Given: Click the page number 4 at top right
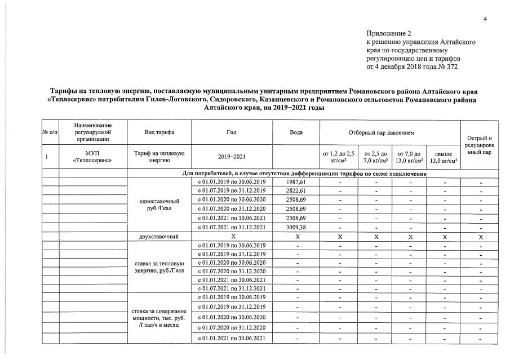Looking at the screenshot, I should coord(485,19).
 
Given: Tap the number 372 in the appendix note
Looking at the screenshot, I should coord(451,67).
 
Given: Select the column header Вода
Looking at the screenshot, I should coord(296,132).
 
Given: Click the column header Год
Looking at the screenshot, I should coord(232,132).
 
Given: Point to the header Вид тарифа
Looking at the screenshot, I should coord(159,132).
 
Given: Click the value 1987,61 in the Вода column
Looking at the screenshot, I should coord(296,183).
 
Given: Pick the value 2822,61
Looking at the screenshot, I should coord(296,192).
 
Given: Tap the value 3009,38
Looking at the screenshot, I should coord(296,228).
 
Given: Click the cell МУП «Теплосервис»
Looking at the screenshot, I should coord(93,157).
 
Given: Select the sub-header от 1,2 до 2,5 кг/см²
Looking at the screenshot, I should coord(338,157).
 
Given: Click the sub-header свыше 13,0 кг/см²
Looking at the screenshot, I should coord(444,157).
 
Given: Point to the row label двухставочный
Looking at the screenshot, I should coord(159,237).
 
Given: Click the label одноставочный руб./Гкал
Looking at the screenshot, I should coord(159,205).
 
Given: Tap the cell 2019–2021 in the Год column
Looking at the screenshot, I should coord(232,157).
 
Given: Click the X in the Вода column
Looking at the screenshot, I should coord(296,237).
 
